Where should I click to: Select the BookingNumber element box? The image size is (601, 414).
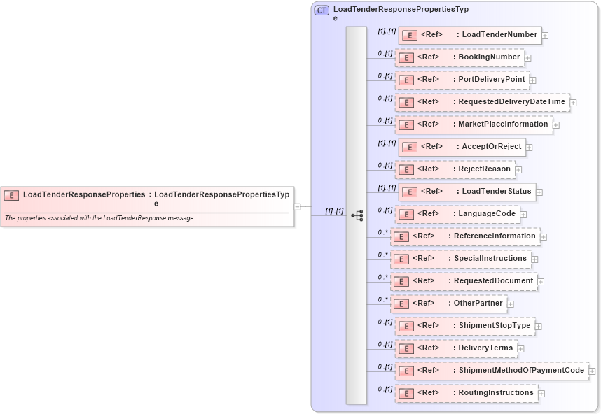point(459,57)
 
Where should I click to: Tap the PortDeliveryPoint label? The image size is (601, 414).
point(491,79)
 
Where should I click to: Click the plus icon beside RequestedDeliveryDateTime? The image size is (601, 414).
point(573,103)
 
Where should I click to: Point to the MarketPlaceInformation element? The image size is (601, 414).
point(474,124)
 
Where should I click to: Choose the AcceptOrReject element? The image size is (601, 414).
point(462,146)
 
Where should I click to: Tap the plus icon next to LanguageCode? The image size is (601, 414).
point(523,215)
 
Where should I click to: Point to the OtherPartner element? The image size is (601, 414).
point(448,303)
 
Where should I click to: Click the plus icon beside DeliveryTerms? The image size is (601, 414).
point(520,349)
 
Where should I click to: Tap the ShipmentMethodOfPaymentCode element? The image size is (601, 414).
point(492,370)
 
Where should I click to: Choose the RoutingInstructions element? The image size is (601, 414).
point(466,392)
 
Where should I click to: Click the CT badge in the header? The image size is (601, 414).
point(322,10)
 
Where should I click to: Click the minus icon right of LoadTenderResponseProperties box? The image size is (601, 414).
point(297,206)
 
